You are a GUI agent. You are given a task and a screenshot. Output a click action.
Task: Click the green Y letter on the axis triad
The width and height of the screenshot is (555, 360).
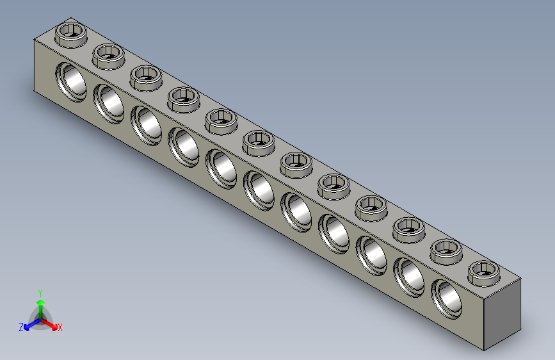tap(40, 291)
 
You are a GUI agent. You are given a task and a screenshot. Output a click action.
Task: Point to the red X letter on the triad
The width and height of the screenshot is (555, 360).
tap(60, 328)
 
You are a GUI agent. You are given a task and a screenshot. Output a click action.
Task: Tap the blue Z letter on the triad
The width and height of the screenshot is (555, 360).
tap(21, 327)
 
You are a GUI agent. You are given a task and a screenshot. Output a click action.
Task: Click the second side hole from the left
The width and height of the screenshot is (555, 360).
tap(109, 103)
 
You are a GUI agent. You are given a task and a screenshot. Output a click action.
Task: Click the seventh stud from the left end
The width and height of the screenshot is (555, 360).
tap(296, 163)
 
